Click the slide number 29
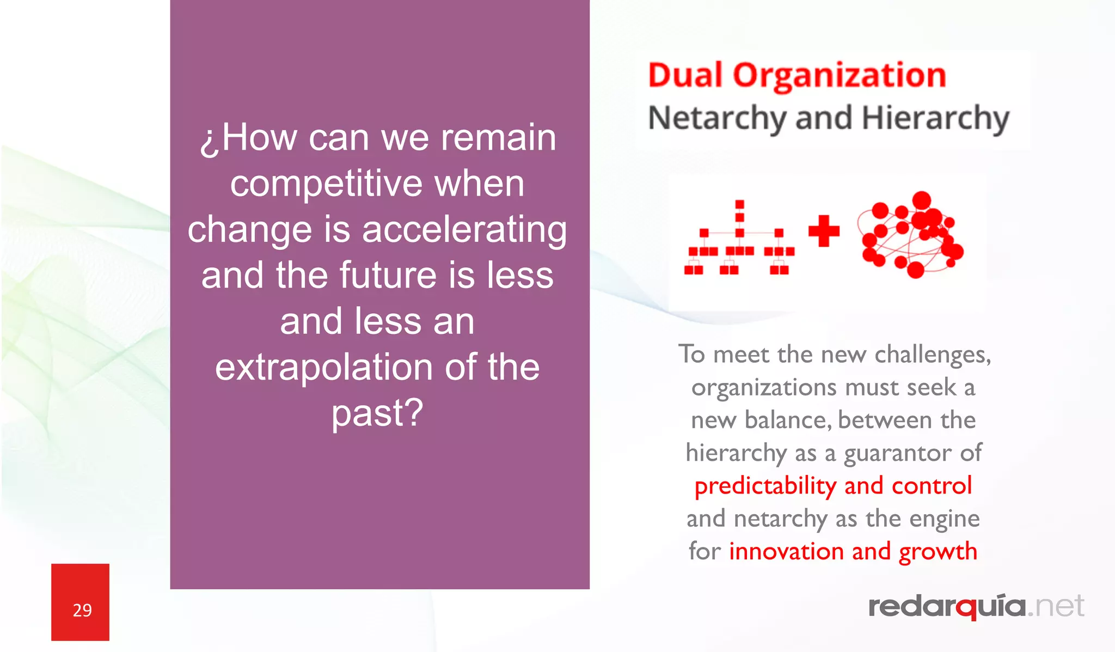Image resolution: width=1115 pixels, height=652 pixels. tap(82, 610)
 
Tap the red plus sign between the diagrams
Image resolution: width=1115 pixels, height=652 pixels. tap(824, 231)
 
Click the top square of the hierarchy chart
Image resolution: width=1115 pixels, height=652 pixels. tap(739, 205)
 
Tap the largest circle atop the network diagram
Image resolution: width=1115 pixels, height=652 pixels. tap(921, 200)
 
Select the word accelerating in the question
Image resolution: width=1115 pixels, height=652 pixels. tap(464, 229)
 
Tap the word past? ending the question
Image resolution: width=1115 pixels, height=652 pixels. tap(377, 413)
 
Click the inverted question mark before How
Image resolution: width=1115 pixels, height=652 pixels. tap(210, 140)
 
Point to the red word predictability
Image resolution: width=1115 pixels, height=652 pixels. tap(765, 486)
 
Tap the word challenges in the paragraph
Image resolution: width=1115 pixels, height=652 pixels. tap(932, 355)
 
